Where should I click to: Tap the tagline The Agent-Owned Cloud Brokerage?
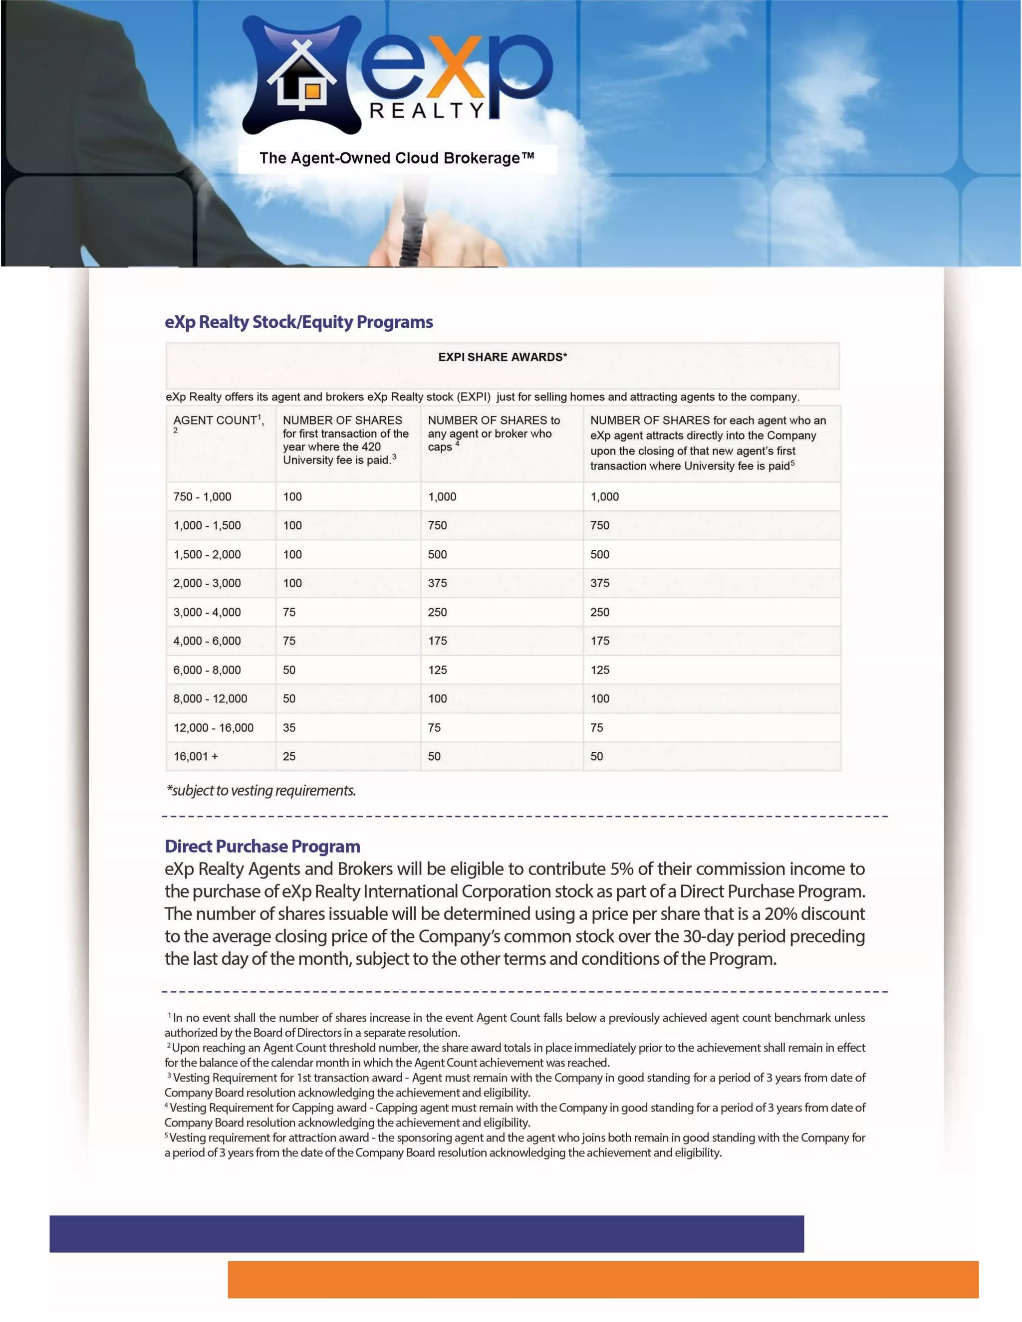click(x=397, y=159)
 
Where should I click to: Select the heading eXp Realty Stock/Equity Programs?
click(x=298, y=322)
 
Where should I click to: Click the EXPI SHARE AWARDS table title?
click(x=503, y=357)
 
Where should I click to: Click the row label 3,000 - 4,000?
click(x=207, y=612)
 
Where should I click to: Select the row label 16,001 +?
click(x=196, y=756)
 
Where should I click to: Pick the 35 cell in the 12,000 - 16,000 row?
click(x=289, y=727)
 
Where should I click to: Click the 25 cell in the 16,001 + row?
click(x=289, y=756)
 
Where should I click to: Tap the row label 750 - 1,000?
click(x=202, y=497)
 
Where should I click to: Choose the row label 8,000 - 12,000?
click(x=210, y=698)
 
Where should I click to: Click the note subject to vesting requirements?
click(x=261, y=791)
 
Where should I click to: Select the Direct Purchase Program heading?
click(x=262, y=846)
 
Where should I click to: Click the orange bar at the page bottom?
click(x=602, y=1279)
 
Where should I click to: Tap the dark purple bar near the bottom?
click(x=426, y=1234)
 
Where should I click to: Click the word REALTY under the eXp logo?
click(x=427, y=110)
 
